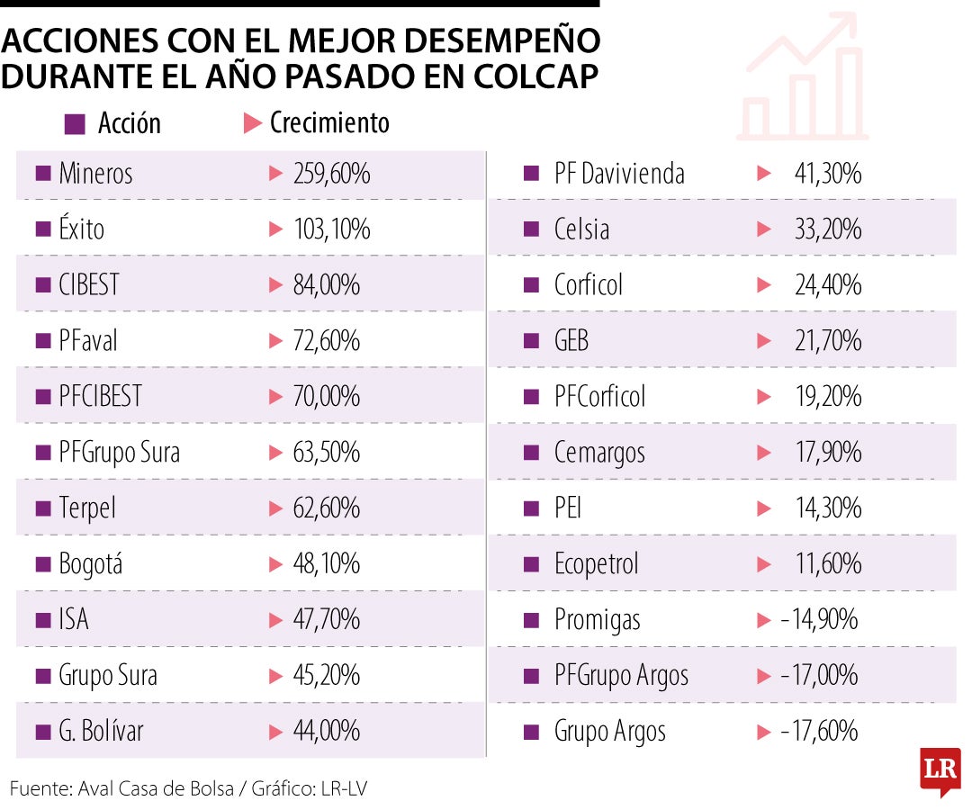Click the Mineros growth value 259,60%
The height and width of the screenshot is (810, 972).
(331, 174)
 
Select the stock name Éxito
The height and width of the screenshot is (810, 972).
(81, 229)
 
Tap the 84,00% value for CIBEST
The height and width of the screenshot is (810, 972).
(326, 285)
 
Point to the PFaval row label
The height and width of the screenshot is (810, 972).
(88, 341)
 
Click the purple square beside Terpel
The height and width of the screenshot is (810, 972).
(42, 508)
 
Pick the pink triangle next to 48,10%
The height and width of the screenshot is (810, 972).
(276, 564)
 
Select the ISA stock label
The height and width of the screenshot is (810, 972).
(74, 620)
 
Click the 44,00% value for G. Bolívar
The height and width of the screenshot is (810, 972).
(326, 731)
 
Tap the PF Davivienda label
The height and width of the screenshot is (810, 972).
(619, 174)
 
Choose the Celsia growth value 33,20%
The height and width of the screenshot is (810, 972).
(828, 229)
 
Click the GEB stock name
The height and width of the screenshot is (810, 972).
(571, 341)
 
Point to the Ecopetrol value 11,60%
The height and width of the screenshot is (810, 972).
(828, 564)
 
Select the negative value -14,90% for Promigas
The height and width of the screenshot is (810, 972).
(819, 620)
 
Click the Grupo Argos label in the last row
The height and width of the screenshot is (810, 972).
(609, 731)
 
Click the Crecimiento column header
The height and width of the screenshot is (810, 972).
(329, 123)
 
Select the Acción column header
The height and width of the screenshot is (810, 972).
(129, 123)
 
